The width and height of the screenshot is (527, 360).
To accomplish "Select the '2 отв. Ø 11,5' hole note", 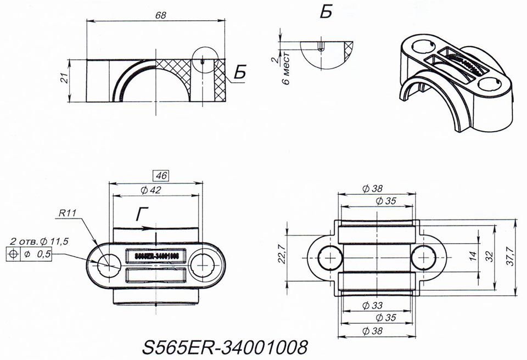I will (38, 241).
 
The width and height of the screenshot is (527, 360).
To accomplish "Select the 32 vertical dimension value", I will (487, 256).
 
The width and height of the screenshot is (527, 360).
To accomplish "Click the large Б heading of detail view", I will (326, 12).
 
